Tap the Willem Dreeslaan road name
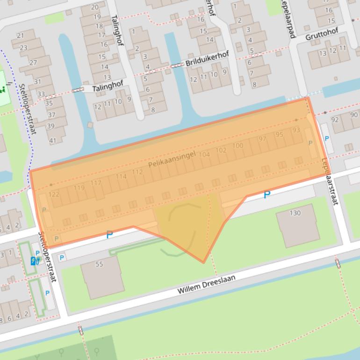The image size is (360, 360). click(x=206, y=284)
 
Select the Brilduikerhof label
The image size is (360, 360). click(x=207, y=59)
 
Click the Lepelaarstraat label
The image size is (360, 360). click(x=329, y=181)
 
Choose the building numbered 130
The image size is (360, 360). click(x=295, y=213)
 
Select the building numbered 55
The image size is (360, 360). click(x=99, y=264)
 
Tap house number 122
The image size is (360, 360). click(x=54, y=194)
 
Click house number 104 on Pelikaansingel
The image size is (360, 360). click(x=205, y=155)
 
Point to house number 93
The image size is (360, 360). click(x=296, y=130)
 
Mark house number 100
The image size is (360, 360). click(x=238, y=146)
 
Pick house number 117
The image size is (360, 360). click(x=96, y=183)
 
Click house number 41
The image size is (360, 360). click(x=52, y=140)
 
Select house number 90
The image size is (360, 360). click(x=354, y=115)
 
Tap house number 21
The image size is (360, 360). click(x=20, y=36)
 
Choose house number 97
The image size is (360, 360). click(x=262, y=139)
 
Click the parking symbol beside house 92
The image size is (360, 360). click(x=326, y=138)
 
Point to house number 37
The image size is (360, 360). click(x=51, y=115)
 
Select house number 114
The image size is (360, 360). click(x=121, y=176)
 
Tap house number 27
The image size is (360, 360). click(x=33, y=63)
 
